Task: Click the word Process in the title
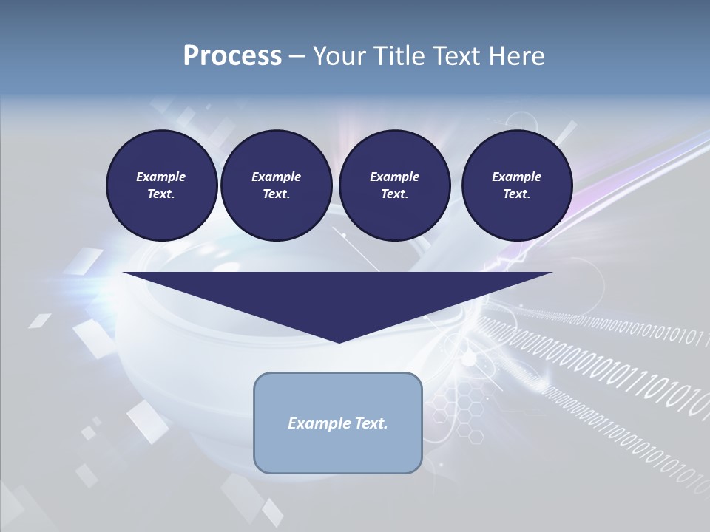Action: click(x=232, y=56)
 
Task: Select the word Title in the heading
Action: click(x=395, y=56)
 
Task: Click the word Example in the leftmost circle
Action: click(x=161, y=177)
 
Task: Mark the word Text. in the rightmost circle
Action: click(x=516, y=194)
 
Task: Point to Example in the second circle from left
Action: click(x=276, y=177)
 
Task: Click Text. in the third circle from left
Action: click(x=394, y=194)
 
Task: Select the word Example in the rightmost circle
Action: click(x=516, y=177)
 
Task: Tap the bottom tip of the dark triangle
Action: click(x=339, y=341)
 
